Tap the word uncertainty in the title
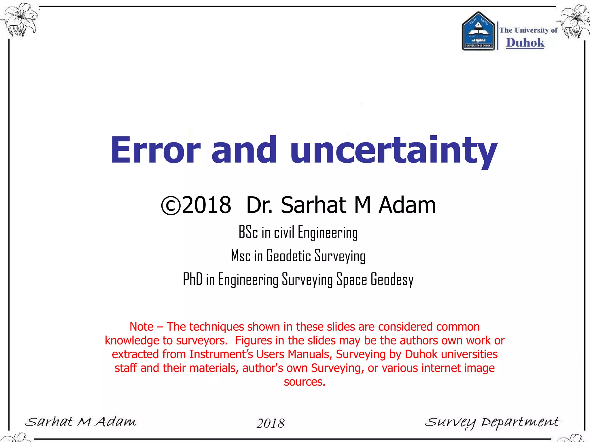[x=394, y=150]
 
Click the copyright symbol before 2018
[x=171, y=205]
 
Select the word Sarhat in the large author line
[x=313, y=205]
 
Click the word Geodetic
[x=289, y=256]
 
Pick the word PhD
[x=192, y=279]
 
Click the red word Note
[x=141, y=327]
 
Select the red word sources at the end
[x=304, y=382]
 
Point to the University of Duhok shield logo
[x=478, y=31]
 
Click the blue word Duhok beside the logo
[x=525, y=43]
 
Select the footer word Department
[x=520, y=422]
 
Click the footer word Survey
[x=450, y=422]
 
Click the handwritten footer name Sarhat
[x=49, y=422]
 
